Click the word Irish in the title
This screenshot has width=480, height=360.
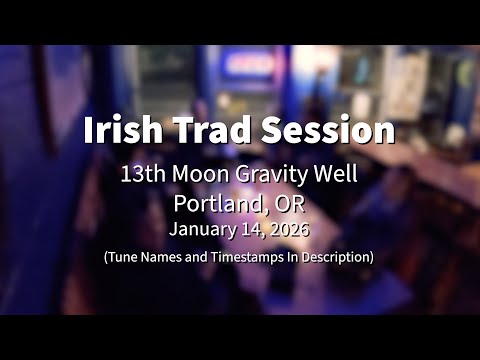click(122, 131)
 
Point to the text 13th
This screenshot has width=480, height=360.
click(142, 173)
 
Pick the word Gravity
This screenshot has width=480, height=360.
click(270, 174)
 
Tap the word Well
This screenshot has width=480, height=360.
click(336, 173)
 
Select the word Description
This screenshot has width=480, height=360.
click(336, 257)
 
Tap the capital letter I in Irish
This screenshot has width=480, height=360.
click(88, 131)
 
